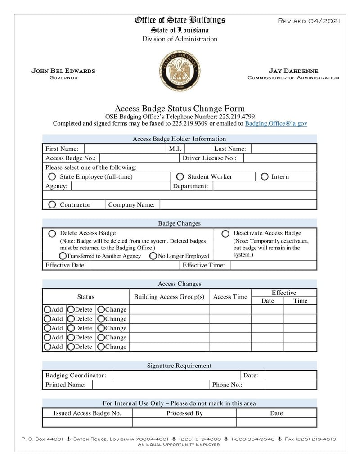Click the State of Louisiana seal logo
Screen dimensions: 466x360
180,71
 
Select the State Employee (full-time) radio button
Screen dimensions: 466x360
52,177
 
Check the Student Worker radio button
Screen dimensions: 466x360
180,177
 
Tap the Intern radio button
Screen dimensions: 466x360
265,177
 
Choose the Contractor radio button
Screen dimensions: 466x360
52,205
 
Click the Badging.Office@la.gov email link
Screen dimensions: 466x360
276,123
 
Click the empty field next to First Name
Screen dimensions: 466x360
125,149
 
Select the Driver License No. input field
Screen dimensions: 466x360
280,158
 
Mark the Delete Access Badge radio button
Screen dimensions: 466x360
52,234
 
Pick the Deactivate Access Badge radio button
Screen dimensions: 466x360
225,234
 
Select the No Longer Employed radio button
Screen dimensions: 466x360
153,256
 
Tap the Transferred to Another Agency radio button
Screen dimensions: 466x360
63,256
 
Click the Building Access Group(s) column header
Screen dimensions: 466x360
169,297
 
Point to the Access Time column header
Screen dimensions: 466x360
230,297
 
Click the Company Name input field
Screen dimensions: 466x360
238,205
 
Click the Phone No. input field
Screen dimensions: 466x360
291,385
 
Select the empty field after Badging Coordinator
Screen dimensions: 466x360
175,376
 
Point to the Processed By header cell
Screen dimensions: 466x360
184,413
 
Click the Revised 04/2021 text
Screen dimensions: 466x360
310,21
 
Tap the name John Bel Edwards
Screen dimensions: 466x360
63,71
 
